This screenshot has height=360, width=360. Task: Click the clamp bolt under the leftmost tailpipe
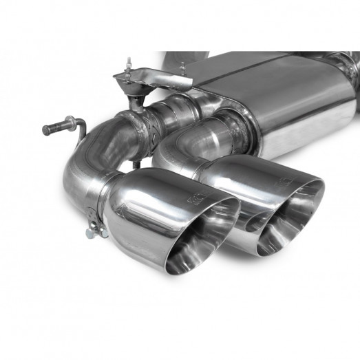(92, 233)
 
